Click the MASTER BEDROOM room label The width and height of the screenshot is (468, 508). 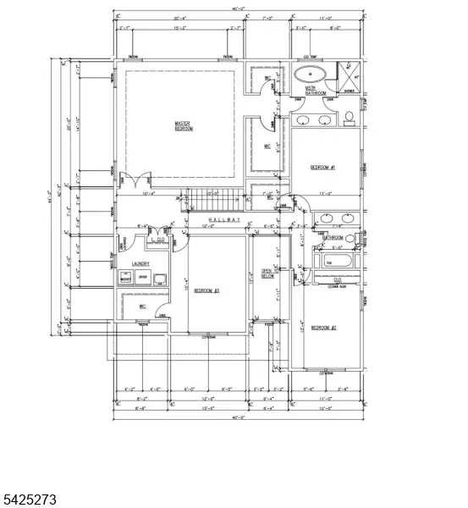[184, 125]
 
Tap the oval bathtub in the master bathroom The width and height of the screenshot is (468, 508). [309, 74]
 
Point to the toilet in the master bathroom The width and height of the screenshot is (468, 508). [349, 117]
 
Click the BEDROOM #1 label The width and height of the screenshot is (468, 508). [323, 168]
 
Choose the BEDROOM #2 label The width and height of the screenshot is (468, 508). [323, 328]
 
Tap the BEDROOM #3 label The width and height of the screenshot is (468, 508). [206, 290]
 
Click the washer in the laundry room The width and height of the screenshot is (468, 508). [125, 278]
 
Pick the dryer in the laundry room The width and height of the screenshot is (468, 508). [143, 277]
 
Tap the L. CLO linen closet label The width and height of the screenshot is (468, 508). [157, 240]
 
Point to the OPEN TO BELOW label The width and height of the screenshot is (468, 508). [267, 273]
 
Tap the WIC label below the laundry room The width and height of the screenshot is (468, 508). [143, 306]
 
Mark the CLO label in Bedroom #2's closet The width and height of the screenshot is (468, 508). [337, 279]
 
